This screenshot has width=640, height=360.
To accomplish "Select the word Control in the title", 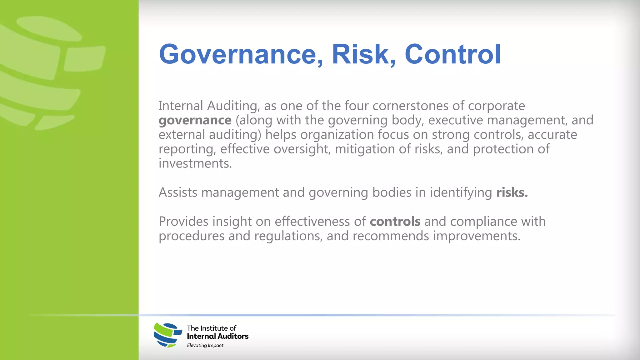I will [x=453, y=54].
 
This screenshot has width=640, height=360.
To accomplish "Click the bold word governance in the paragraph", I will [x=195, y=120].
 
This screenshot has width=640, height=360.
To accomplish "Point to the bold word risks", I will [x=512, y=192].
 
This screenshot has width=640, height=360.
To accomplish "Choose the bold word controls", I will [x=395, y=222].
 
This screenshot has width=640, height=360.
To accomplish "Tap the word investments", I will [x=195, y=163].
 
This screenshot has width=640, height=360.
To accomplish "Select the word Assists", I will [x=178, y=192].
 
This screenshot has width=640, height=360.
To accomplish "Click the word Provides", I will [x=183, y=222].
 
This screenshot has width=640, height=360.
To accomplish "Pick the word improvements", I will [x=477, y=236].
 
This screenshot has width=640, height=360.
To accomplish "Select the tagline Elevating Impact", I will [x=205, y=345].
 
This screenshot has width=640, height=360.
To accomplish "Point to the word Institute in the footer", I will [x=214, y=328].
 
